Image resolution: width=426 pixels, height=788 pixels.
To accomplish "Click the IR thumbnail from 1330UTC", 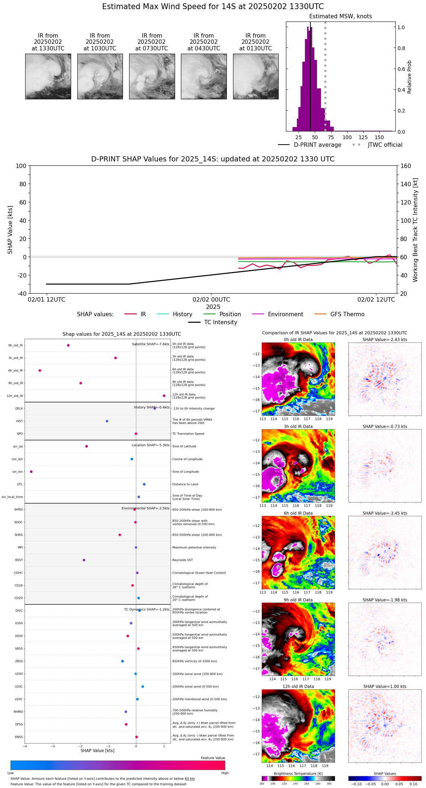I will coord(48,76).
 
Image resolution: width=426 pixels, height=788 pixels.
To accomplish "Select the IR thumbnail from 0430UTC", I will coord(204,76).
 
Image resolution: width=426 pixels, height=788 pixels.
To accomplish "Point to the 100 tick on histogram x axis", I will coord(347,137).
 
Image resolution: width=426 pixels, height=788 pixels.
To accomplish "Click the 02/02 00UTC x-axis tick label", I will coord(211,300).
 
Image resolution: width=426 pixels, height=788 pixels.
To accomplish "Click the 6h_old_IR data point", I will coord(40,371).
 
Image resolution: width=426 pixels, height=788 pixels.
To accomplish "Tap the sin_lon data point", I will coord(31,472).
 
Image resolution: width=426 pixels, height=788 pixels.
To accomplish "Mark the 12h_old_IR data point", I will coord(164,396).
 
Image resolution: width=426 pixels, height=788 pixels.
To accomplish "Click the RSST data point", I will coord(84,560).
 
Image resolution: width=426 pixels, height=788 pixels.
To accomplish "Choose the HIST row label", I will coord(19,421).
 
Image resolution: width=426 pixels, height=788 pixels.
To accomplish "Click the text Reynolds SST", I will coord(182,560).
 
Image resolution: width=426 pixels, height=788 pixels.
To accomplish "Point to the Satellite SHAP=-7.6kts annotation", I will coord(151,344).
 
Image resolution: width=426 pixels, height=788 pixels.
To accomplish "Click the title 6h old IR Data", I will coord(298,513).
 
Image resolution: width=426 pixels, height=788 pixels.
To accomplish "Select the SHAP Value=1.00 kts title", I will coord(384,686).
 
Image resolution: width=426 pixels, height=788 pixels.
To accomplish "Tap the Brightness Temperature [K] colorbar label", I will coord(298,773).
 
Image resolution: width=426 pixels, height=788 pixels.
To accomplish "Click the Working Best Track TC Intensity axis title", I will coord(415,230).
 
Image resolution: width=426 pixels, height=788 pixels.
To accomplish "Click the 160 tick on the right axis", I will coord(406,166).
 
